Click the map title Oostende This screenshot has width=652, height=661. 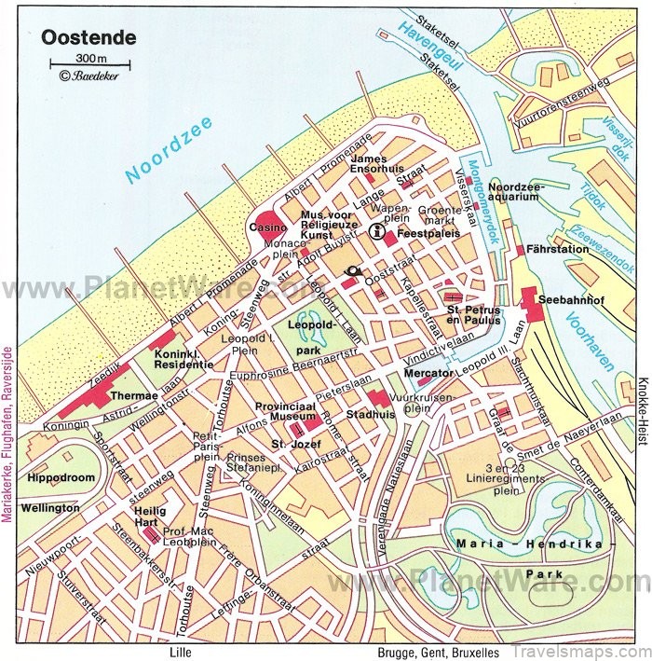coord(88,39)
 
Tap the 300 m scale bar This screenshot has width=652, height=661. coord(89,64)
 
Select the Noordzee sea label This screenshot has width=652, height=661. coord(170,149)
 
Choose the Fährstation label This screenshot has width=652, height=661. coord(558,250)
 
